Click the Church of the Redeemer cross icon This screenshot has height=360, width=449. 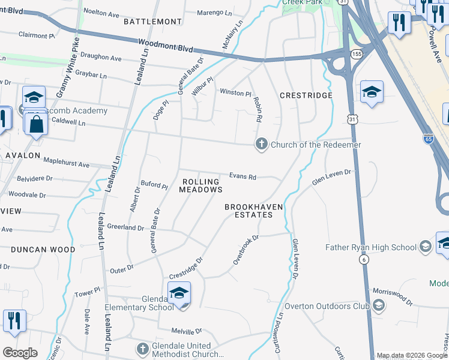pyautogui.click(x=261, y=145)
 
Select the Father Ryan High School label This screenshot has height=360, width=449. pyautogui.click(x=370, y=247)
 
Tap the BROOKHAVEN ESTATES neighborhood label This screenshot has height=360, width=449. pyautogui.click(x=254, y=211)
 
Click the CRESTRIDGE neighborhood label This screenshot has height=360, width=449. pyautogui.click(x=306, y=96)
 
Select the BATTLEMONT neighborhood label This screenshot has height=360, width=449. pyautogui.click(x=152, y=22)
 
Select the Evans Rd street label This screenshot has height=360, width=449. pyautogui.click(x=243, y=177)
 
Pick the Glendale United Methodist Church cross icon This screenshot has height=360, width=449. pyautogui.click(x=142, y=349)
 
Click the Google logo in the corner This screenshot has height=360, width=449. pyautogui.click(x=20, y=352)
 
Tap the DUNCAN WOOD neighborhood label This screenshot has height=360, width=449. pyautogui.click(x=43, y=250)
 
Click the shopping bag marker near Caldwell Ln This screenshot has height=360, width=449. pyautogui.click(x=37, y=124)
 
